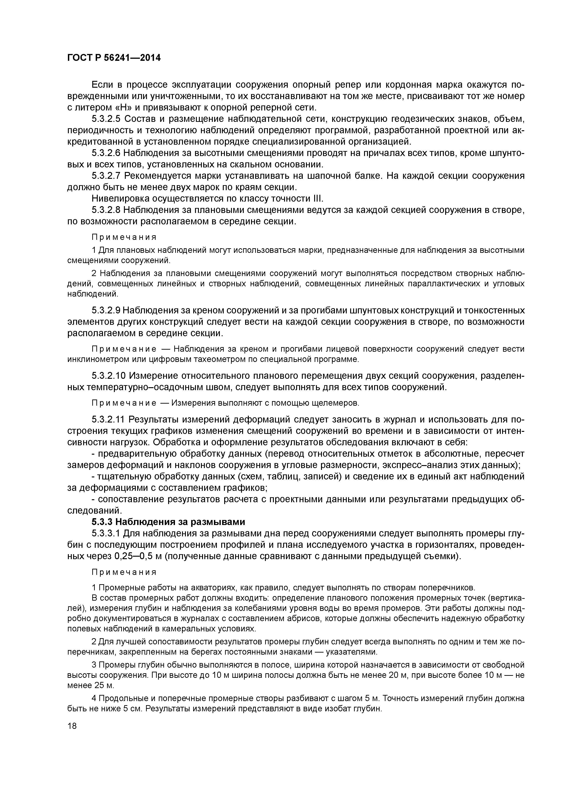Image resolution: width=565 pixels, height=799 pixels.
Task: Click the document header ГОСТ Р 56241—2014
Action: [114, 58]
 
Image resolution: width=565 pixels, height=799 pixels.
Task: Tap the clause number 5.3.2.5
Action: [106, 119]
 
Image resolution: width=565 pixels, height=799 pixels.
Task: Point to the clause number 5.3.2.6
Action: [106, 153]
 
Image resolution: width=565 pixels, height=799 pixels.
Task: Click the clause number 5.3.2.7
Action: [106, 176]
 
